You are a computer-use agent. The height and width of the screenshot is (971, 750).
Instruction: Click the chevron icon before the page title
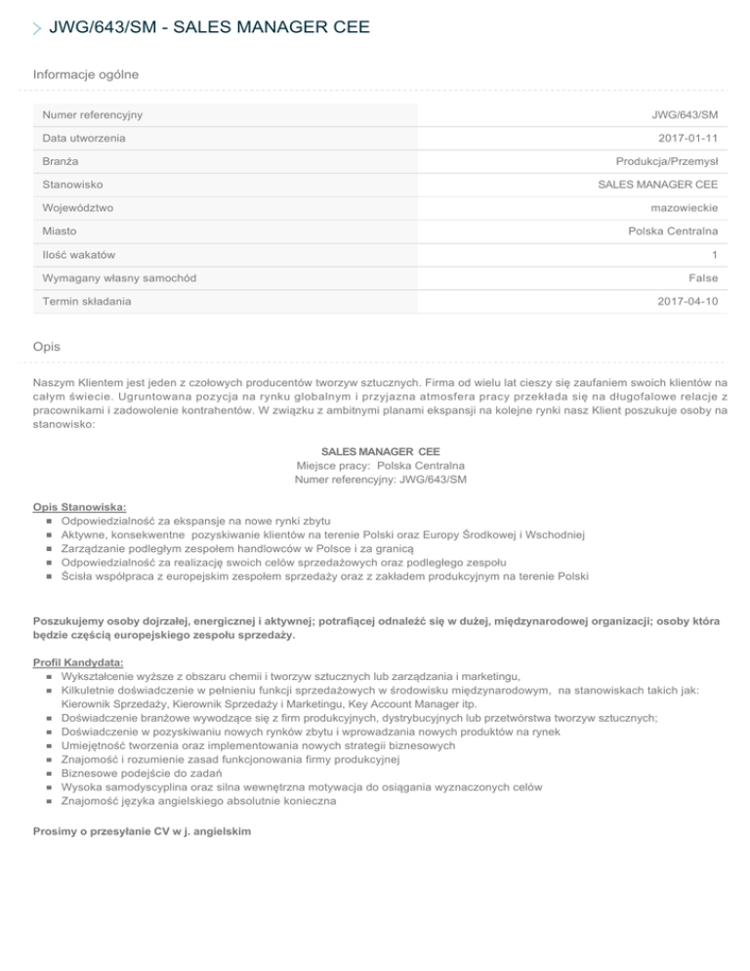click(x=38, y=28)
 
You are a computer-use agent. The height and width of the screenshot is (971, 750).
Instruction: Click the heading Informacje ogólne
click(x=85, y=74)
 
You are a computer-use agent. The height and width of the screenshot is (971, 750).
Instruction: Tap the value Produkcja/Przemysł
click(x=667, y=161)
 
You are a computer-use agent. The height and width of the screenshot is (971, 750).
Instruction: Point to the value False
click(x=701, y=278)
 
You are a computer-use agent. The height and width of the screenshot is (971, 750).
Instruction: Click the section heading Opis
click(x=47, y=346)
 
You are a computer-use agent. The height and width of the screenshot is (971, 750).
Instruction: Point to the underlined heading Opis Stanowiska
click(x=79, y=508)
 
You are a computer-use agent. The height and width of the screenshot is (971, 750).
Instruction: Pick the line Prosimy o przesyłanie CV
click(x=142, y=831)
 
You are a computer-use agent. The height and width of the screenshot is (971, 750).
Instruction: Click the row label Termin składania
click(x=86, y=302)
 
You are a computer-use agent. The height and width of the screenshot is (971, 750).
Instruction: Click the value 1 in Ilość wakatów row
click(x=715, y=255)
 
